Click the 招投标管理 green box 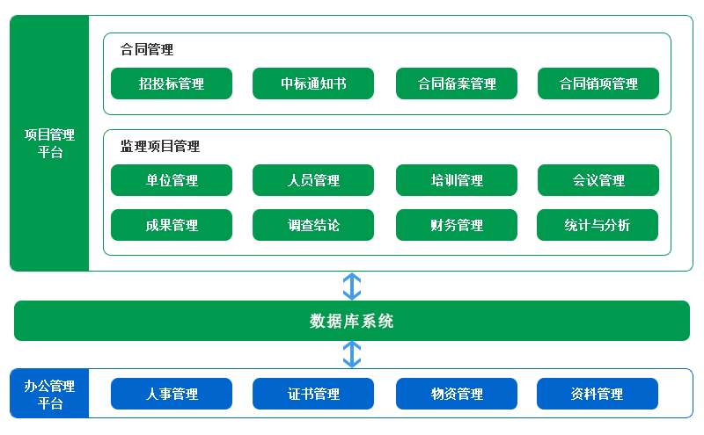(x=172, y=83)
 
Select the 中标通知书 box (x=313, y=83)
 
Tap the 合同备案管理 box (x=457, y=83)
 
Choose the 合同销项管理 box (x=598, y=83)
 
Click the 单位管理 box (x=172, y=180)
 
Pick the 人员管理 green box (x=313, y=180)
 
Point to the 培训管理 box (x=457, y=180)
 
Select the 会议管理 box (x=598, y=180)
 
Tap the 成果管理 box (x=172, y=225)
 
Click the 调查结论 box (x=313, y=225)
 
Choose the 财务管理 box (x=457, y=225)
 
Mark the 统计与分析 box (x=598, y=225)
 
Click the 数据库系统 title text (x=351, y=321)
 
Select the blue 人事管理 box (x=172, y=394)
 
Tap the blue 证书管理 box (x=313, y=394)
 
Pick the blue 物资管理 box (x=457, y=394)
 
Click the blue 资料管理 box (x=598, y=394)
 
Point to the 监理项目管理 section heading (x=160, y=146)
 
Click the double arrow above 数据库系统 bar (x=352, y=286)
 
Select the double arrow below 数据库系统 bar (x=352, y=354)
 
